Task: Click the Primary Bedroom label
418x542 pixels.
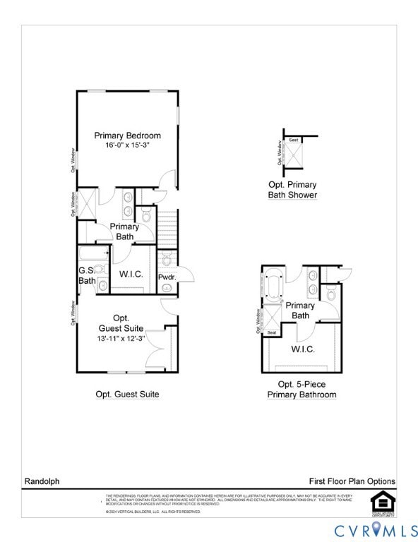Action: (x=128, y=135)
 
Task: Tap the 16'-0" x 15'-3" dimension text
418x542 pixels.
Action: (x=128, y=145)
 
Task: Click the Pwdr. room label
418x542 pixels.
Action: (x=167, y=277)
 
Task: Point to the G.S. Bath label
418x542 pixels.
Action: (x=87, y=275)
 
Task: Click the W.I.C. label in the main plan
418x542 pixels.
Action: (x=131, y=273)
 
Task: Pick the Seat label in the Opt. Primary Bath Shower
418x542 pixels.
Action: (x=294, y=140)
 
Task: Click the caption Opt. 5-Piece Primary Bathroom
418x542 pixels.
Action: (x=301, y=390)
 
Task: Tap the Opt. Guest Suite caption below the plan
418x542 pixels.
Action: (x=127, y=395)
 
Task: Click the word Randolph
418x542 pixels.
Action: (x=42, y=481)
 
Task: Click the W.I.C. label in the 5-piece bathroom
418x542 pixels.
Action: (x=303, y=349)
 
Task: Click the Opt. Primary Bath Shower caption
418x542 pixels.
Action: (x=292, y=190)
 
